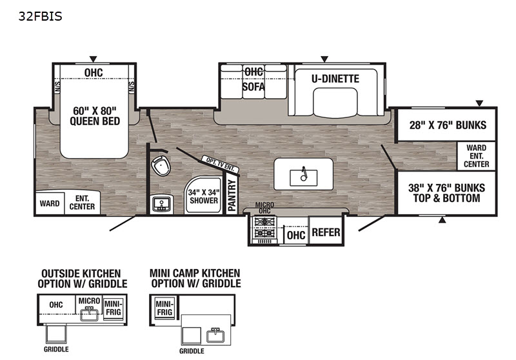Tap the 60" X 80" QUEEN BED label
tap(95, 115)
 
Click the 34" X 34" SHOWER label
tap(203, 196)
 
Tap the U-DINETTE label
tap(335, 79)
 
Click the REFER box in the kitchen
tap(326, 233)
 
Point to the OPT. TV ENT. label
tap(219, 164)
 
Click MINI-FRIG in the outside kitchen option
tap(112, 306)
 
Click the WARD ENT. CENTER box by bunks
tap(477, 155)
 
